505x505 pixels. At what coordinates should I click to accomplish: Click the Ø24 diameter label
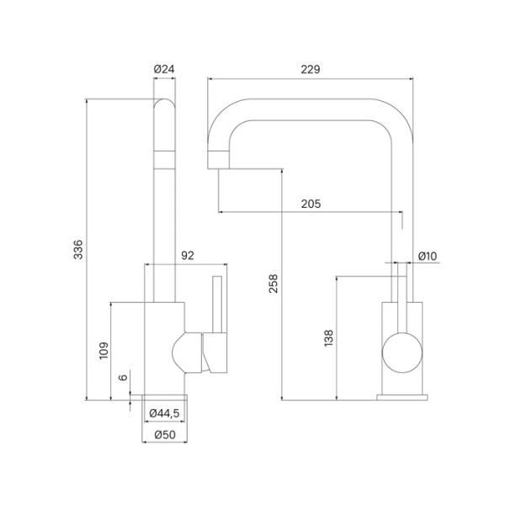coord(164,69)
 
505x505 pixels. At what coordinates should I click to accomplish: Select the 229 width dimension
coord(311,69)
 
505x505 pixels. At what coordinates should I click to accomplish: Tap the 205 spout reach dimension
coord(309,203)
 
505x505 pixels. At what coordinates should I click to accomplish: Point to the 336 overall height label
coord(77,249)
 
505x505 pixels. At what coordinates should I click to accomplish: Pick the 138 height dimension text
coord(329,338)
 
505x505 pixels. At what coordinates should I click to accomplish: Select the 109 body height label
coord(102,350)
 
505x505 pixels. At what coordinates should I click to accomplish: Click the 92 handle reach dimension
coord(188,254)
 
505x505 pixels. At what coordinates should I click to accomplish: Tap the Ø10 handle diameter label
coord(428,256)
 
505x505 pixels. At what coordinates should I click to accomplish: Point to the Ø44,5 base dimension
coord(164,413)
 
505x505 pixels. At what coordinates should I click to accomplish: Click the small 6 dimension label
coord(123,378)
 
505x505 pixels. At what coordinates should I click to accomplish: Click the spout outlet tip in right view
coord(217,156)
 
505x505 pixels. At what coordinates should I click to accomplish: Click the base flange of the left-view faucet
coord(164,397)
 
